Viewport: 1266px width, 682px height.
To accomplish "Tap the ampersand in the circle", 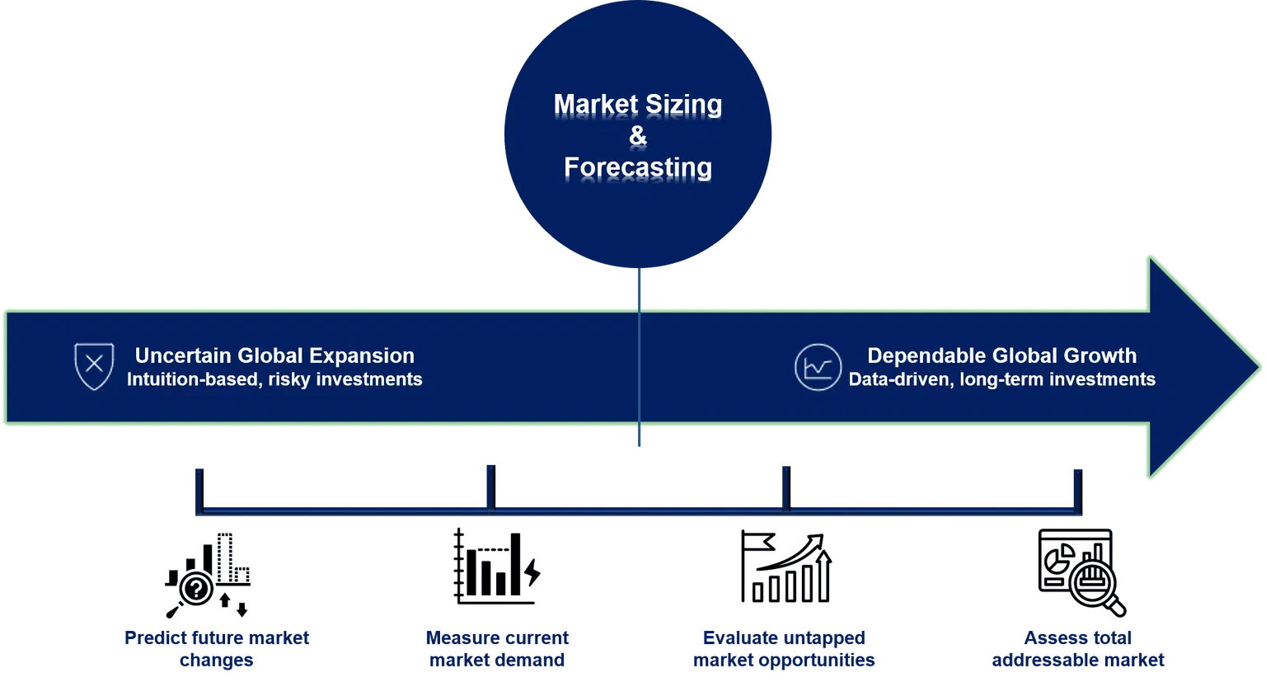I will coord(638,136).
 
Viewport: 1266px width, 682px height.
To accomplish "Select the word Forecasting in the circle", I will coord(638,167).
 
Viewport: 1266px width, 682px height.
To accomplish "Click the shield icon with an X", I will coord(94,366).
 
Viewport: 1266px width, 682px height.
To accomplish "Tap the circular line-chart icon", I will coord(818,367).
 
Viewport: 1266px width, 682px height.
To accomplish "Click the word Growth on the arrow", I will coord(1100,355).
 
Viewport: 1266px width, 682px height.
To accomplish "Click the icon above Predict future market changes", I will coord(206,574).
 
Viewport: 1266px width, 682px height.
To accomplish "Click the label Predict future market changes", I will coord(218,649).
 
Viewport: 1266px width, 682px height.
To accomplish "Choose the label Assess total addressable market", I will coord(1077,649).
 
